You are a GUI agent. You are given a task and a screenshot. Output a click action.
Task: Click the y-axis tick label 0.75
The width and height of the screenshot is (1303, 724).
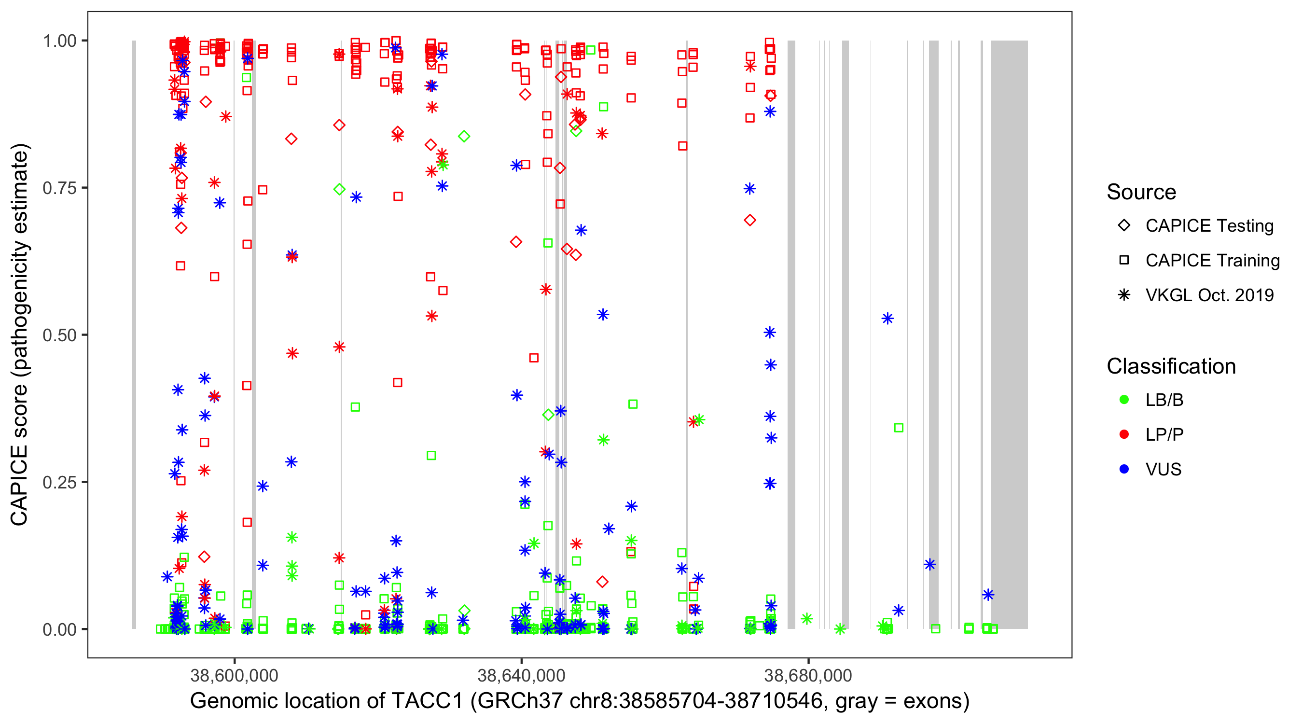[x=59, y=188]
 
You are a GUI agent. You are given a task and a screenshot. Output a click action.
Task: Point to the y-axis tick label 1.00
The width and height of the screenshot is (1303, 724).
[x=59, y=41]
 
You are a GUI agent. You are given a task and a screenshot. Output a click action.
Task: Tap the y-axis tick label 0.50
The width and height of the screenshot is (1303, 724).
[x=59, y=335]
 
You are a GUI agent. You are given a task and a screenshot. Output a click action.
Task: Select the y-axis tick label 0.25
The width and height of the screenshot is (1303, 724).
[x=59, y=482]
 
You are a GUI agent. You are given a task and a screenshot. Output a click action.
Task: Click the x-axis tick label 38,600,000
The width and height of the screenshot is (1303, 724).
[x=234, y=675]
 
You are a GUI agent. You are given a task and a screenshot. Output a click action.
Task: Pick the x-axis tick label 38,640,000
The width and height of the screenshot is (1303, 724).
[x=521, y=675]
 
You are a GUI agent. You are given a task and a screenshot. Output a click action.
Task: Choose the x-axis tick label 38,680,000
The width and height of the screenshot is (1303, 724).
[x=808, y=675]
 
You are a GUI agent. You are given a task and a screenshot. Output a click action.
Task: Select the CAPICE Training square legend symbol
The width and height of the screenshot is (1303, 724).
[x=1124, y=260]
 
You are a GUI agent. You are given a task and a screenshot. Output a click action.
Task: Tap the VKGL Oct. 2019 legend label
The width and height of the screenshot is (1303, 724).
[x=1209, y=295]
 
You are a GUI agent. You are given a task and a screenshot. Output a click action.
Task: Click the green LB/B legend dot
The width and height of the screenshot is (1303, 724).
[x=1124, y=400]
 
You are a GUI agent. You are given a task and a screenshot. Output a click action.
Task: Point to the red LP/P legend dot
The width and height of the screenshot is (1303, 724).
[x=1124, y=434]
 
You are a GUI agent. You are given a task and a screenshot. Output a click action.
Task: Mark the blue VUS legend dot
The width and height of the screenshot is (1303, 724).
[x=1124, y=470]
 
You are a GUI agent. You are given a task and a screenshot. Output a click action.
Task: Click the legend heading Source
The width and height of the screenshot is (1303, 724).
[x=1141, y=192]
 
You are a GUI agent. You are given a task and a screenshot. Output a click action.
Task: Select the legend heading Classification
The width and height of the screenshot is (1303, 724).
[x=1171, y=366]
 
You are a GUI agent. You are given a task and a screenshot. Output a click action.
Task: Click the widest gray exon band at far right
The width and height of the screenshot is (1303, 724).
[x=1009, y=334]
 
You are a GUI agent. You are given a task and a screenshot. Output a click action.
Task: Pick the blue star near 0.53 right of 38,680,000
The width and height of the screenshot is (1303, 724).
[x=887, y=319]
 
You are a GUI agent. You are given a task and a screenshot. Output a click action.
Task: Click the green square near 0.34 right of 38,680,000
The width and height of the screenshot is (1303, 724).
[x=898, y=428]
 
